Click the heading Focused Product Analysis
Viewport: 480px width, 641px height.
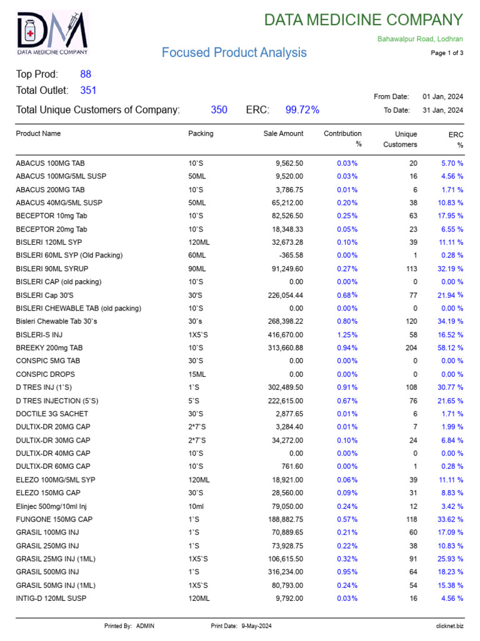point(234,53)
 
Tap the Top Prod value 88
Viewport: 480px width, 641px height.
point(86,74)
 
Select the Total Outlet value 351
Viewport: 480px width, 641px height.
point(88,90)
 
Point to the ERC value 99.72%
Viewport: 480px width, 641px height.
point(302,110)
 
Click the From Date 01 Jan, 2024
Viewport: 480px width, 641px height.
point(442,96)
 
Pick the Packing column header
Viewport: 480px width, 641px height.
point(201,133)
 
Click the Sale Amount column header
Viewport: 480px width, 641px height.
point(283,133)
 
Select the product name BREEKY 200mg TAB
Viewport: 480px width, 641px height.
point(49,347)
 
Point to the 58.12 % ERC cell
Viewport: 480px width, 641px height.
point(450,347)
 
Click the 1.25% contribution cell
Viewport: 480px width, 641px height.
point(347,335)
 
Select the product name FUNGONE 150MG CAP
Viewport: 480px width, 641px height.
point(54,520)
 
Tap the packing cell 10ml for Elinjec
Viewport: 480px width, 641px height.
point(196,506)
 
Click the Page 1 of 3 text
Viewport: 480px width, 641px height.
point(447,53)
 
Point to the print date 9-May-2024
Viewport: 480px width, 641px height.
point(256,626)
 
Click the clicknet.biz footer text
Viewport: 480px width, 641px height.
point(449,626)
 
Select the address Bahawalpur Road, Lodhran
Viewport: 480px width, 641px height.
point(420,39)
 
